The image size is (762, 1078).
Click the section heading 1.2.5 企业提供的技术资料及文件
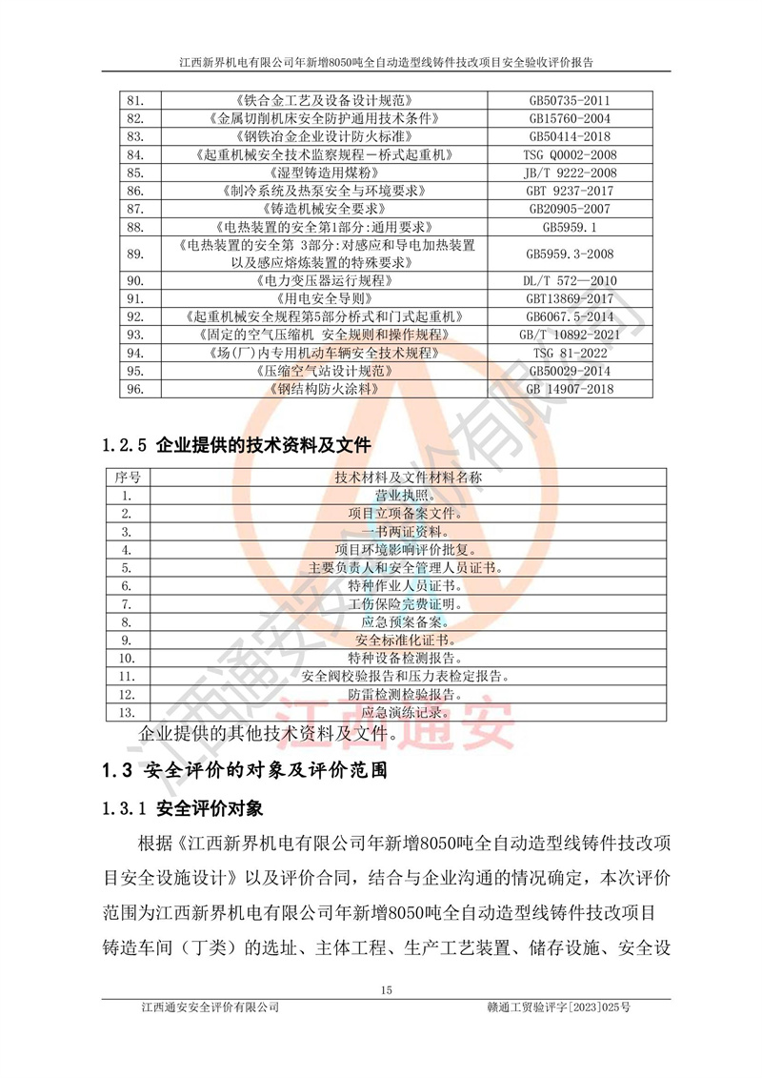pyautogui.click(x=236, y=444)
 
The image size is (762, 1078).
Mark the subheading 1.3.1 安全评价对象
pyautogui.click(x=181, y=809)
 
